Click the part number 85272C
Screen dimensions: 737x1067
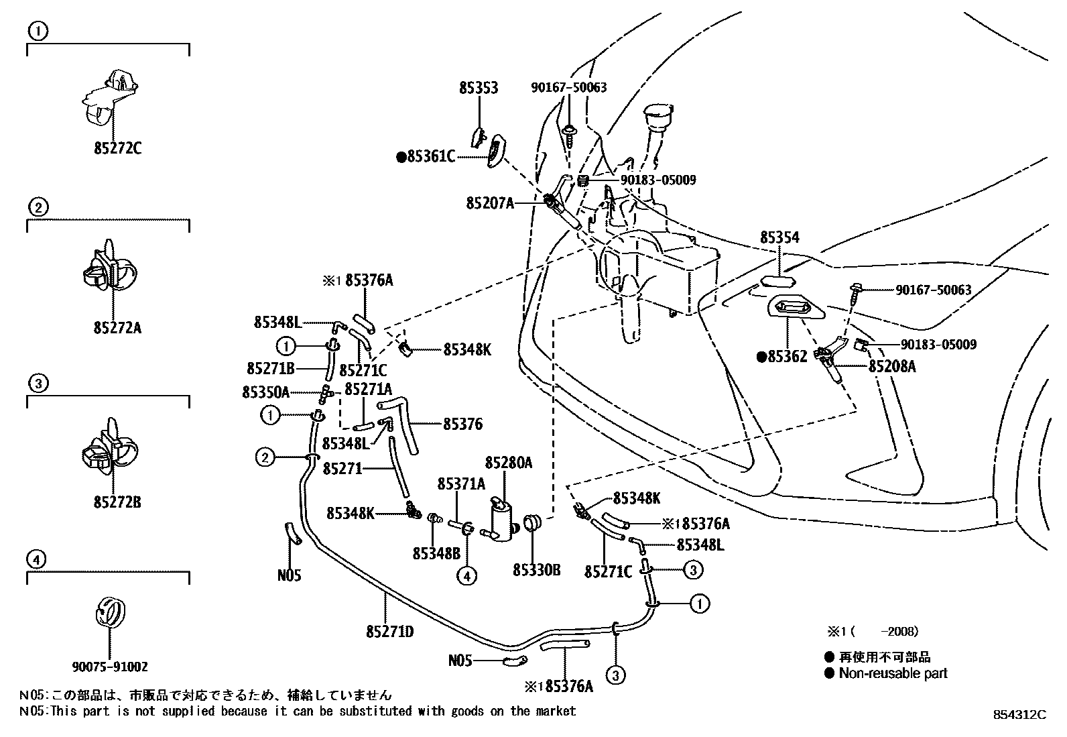pyautogui.click(x=117, y=148)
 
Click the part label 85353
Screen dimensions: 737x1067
pyautogui.click(x=479, y=88)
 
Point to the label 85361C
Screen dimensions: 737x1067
pyautogui.click(x=430, y=158)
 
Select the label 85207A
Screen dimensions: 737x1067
pyautogui.click(x=490, y=202)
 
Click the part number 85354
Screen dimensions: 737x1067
pyautogui.click(x=779, y=238)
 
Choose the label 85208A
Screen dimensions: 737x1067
pyautogui.click(x=892, y=367)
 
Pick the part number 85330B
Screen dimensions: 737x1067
pyautogui.click(x=536, y=571)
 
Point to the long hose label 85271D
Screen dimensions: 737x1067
pyautogui.click(x=390, y=631)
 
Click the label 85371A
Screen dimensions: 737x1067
pyautogui.click(x=461, y=484)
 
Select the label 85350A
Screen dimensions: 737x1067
pyautogui.click(x=265, y=392)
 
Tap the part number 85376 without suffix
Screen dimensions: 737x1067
pyautogui.click(x=462, y=424)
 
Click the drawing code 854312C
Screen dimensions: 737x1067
pyautogui.click(x=1019, y=715)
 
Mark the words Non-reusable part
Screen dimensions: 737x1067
pyautogui.click(x=893, y=673)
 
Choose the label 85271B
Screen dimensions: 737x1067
pyautogui.click(x=271, y=368)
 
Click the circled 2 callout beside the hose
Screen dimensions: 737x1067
pyautogui.click(x=265, y=458)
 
